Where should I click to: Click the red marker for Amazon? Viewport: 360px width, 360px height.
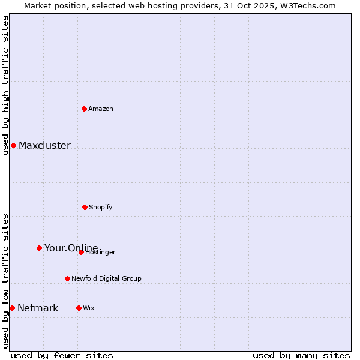[x=85, y=109]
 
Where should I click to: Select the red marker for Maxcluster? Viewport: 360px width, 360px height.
[x=13, y=145]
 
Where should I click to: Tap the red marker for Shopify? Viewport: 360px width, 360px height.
[x=85, y=207]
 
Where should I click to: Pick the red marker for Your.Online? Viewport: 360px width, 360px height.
[x=39, y=248]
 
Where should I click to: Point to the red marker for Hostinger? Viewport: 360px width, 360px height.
[x=81, y=252]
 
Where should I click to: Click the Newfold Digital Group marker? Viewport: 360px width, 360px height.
[x=67, y=278]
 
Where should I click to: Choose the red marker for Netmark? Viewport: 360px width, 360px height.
[x=12, y=308]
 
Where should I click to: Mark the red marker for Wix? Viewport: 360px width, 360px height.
[x=79, y=308]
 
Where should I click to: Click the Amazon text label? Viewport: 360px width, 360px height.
[x=101, y=109]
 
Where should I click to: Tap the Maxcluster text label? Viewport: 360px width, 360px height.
[x=44, y=145]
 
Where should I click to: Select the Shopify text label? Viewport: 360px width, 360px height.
[x=101, y=207]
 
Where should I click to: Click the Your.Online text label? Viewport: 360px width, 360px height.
[x=71, y=248]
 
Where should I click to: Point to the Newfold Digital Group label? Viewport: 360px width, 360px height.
[x=107, y=278]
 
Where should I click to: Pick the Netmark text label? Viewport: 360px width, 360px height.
[x=38, y=308]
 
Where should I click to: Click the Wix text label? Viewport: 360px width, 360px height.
[x=89, y=308]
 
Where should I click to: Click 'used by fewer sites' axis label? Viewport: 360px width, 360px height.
[x=62, y=355]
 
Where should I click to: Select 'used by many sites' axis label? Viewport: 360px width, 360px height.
[x=301, y=355]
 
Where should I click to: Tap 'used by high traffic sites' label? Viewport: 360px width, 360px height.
[x=5, y=85]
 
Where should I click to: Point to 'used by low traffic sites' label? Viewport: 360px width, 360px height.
[x=5, y=281]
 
